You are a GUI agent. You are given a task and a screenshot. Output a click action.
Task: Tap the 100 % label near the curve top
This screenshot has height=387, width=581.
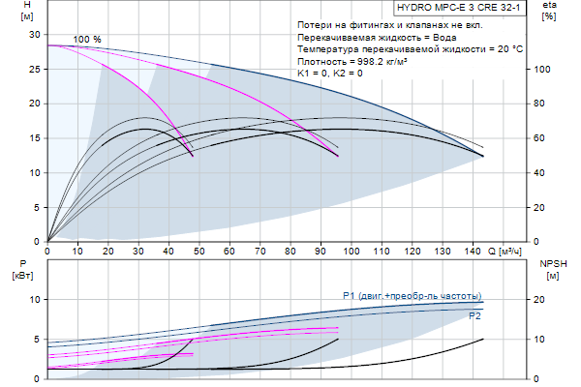coord(87,39)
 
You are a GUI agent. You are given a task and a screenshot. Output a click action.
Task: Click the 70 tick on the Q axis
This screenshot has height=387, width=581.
coord(260,252)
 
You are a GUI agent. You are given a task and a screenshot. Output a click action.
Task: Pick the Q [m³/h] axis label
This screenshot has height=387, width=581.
coord(508,252)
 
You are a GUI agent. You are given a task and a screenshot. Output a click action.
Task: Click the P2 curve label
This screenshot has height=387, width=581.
coord(474,316)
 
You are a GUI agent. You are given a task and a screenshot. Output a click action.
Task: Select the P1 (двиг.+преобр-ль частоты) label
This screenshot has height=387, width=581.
coord(413,295)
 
